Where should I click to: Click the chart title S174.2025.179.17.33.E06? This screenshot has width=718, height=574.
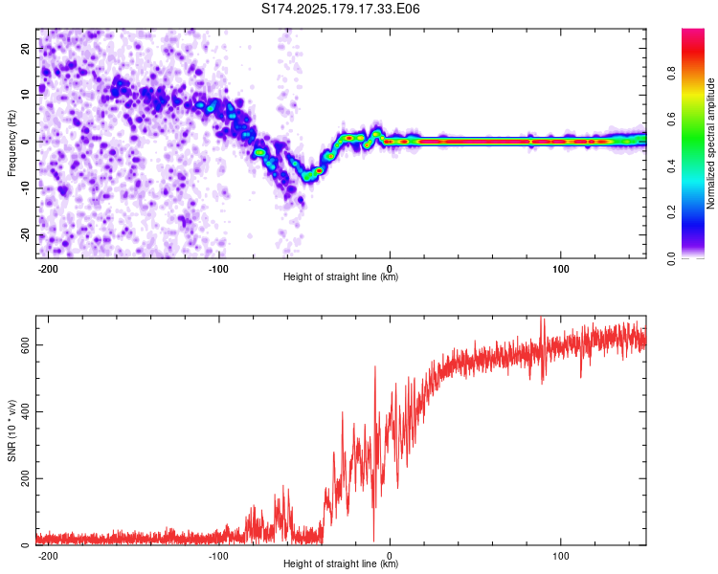click(x=340, y=9)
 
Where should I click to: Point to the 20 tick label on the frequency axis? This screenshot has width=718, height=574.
click(x=25, y=48)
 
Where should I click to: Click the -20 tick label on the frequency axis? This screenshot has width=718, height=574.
click(x=25, y=234)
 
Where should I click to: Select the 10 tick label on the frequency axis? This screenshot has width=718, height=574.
click(x=25, y=95)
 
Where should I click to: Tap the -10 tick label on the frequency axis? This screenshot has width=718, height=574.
click(x=25, y=188)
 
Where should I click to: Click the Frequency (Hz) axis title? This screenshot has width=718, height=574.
click(x=11, y=143)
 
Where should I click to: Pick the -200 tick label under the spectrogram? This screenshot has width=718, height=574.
click(x=47, y=269)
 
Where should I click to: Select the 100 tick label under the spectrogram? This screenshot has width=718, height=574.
click(x=560, y=269)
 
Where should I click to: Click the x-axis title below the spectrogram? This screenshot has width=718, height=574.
click(x=341, y=276)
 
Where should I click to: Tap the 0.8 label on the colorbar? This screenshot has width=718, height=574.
click(x=671, y=74)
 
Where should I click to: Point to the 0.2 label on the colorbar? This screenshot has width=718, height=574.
click(x=671, y=212)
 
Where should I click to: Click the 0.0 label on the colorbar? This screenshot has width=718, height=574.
click(x=671, y=258)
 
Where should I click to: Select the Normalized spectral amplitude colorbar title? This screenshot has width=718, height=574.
click(x=710, y=143)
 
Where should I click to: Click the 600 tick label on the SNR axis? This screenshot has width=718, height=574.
click(x=25, y=344)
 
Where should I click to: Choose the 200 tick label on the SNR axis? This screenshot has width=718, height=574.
click(x=25, y=478)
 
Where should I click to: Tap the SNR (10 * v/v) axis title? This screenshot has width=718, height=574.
click(x=11, y=430)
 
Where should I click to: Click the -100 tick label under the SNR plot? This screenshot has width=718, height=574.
click(x=218, y=556)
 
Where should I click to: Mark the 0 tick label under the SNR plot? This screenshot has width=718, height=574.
click(x=390, y=556)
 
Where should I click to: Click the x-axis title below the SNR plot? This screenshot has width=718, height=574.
click(x=341, y=563)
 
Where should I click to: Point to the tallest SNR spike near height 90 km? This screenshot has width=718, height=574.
click(x=542, y=319)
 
